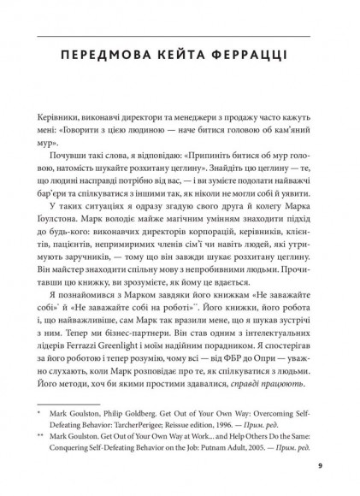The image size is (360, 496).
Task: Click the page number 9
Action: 319,466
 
